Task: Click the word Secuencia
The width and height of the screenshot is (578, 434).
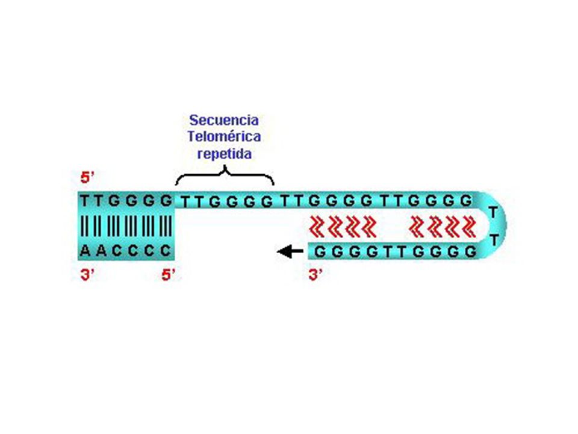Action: [x=224, y=120]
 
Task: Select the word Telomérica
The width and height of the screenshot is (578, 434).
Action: [x=224, y=137]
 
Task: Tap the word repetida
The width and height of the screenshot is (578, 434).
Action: [x=225, y=154]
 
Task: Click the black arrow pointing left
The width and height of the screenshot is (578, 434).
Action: [x=290, y=252]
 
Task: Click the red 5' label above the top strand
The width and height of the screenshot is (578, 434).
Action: [x=87, y=178]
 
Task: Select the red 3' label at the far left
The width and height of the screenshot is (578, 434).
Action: [x=87, y=275]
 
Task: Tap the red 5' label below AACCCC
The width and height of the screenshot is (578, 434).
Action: [x=169, y=275]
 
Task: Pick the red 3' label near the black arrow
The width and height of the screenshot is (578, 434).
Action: [x=315, y=275]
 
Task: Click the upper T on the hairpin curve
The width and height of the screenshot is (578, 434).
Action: [x=493, y=212]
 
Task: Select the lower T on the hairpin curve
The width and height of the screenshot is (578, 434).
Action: [x=494, y=241]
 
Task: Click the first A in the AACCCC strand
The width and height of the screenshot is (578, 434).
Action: [x=85, y=251]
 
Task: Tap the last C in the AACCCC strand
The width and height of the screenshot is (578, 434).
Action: [x=166, y=251]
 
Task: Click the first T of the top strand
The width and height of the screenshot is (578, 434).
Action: [x=85, y=201]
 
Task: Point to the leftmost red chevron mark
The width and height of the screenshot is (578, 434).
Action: [x=316, y=226]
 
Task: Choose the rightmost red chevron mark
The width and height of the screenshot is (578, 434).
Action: [x=469, y=226]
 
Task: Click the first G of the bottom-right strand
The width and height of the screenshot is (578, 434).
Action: [x=320, y=252]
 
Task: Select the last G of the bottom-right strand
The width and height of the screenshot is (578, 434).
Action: [x=470, y=252]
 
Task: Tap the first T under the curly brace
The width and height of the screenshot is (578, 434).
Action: [x=185, y=203]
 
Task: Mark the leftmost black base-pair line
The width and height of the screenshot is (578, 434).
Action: [x=82, y=226]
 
